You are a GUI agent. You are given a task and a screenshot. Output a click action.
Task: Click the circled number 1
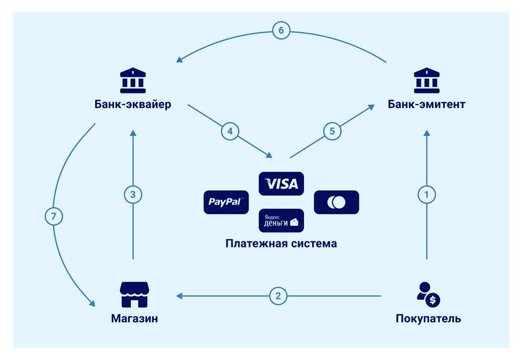[426, 195]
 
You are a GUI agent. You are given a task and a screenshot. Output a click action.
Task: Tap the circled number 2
[278, 296]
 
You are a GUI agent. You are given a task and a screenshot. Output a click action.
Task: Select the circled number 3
[133, 195]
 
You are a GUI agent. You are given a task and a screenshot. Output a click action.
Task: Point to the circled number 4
[229, 131]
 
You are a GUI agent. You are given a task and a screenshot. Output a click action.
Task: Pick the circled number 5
[332, 131]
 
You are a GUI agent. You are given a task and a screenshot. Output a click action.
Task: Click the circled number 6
[281, 30]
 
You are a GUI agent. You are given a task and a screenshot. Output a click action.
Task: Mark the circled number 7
[54, 216]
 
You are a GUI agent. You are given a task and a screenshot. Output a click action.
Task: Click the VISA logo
[281, 183]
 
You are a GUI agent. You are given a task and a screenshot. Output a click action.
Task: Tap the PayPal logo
[226, 202]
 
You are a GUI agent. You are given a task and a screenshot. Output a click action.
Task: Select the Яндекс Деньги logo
[281, 220]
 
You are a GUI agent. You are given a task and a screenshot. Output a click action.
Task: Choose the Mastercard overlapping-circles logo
[336, 202]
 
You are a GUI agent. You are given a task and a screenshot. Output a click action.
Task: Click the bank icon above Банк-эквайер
[133, 80]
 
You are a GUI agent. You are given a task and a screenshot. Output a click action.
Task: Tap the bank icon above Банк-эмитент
[426, 80]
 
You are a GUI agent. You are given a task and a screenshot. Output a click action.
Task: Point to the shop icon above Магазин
[134, 294]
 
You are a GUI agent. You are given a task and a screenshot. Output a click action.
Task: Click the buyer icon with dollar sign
[428, 294]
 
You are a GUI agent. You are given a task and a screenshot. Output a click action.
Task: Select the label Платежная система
[281, 244]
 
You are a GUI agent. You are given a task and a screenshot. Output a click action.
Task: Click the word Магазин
[134, 318]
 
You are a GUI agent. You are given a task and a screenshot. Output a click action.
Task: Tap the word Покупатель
[428, 318]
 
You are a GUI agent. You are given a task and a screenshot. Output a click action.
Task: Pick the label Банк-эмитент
[426, 104]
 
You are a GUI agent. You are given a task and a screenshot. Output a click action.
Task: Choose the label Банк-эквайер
[133, 104]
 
